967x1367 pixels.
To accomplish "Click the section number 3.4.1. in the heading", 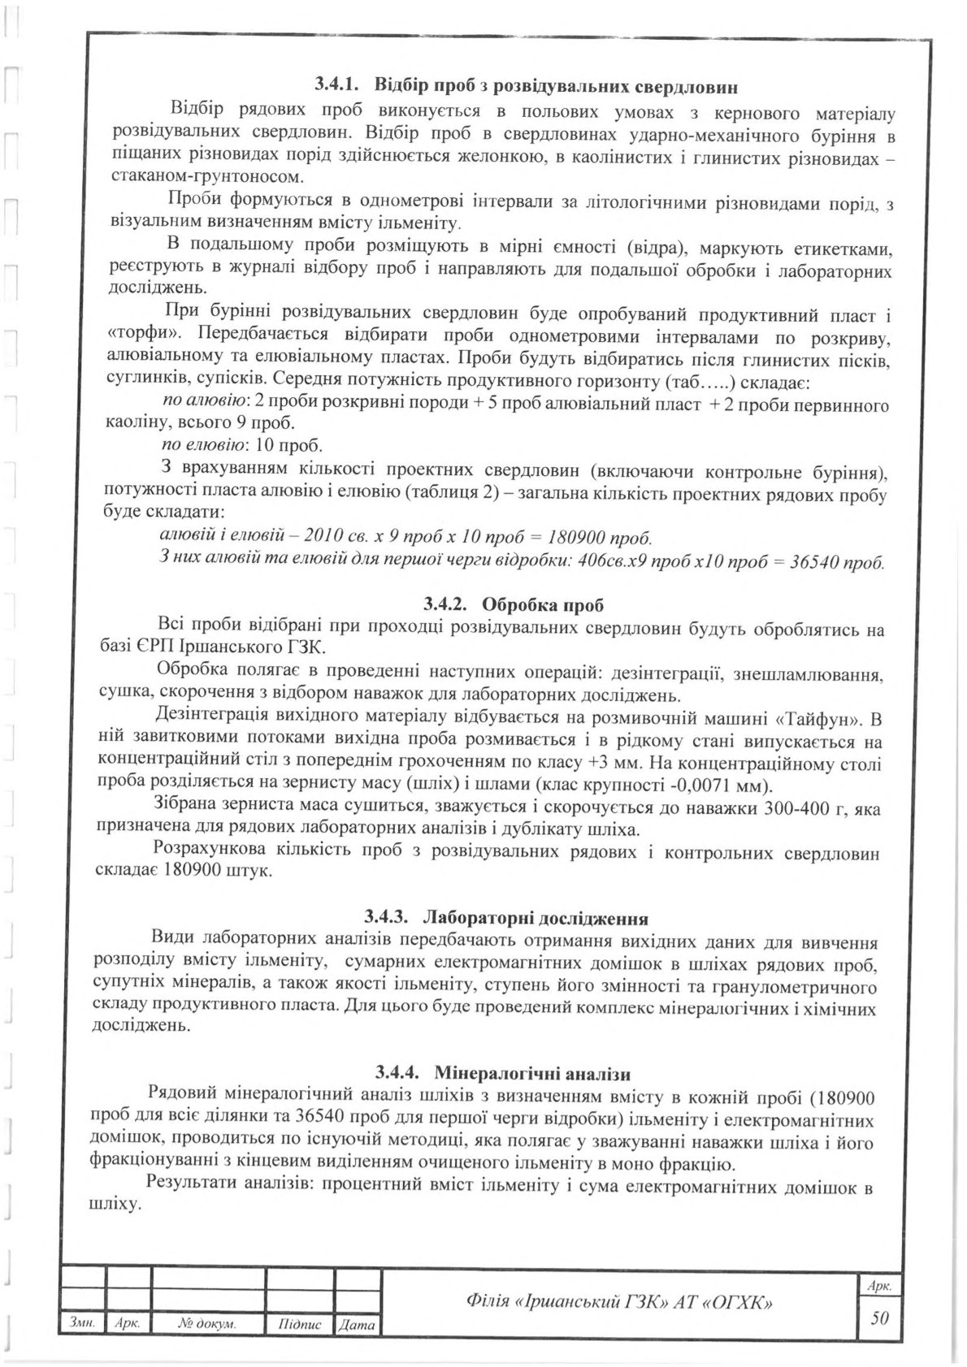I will tap(340, 84).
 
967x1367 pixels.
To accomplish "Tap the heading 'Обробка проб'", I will tap(543, 604).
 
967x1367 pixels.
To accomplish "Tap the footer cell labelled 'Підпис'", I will tap(300, 1325).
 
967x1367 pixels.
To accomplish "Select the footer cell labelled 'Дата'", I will tap(357, 1325).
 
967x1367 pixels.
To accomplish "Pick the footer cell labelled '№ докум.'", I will tap(207, 1325).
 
